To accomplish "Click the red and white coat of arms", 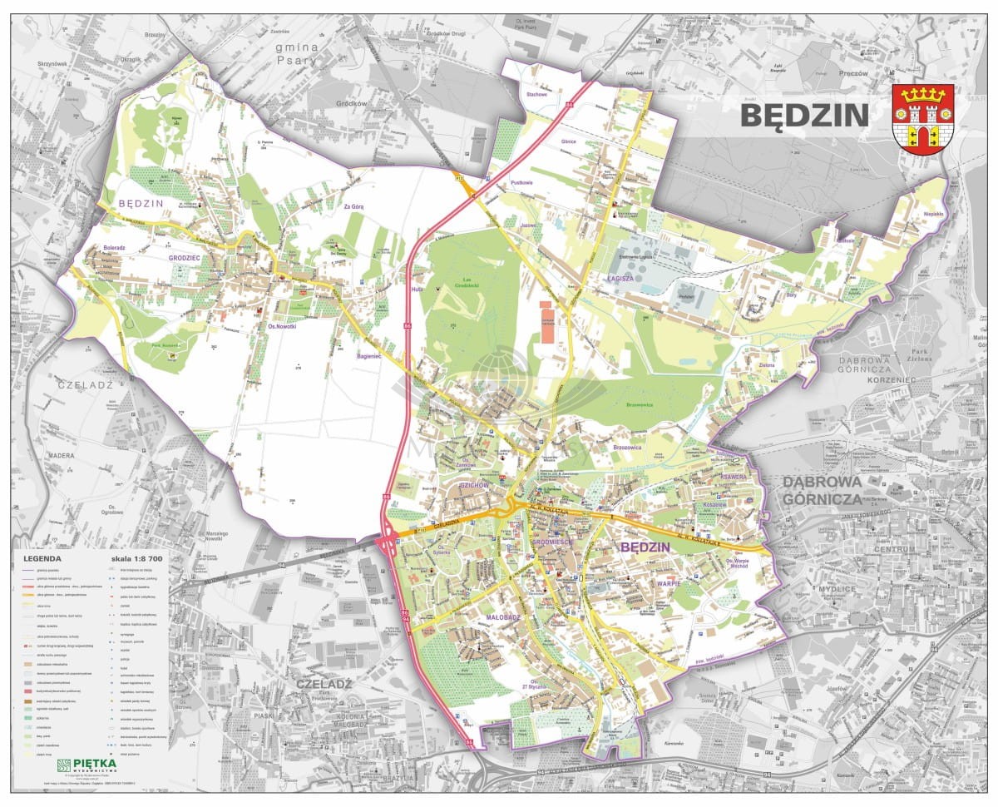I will click(x=922, y=119).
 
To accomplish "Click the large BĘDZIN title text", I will click(x=803, y=116).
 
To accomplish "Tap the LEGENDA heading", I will click(x=42, y=559).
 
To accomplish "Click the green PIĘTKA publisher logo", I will click(x=86, y=764).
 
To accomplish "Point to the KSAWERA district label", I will click(x=734, y=478).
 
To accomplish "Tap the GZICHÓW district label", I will click(x=472, y=484).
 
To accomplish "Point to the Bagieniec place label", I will click(x=368, y=355).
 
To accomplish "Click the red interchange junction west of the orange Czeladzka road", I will click(x=388, y=544).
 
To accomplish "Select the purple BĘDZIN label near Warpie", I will click(x=645, y=547).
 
